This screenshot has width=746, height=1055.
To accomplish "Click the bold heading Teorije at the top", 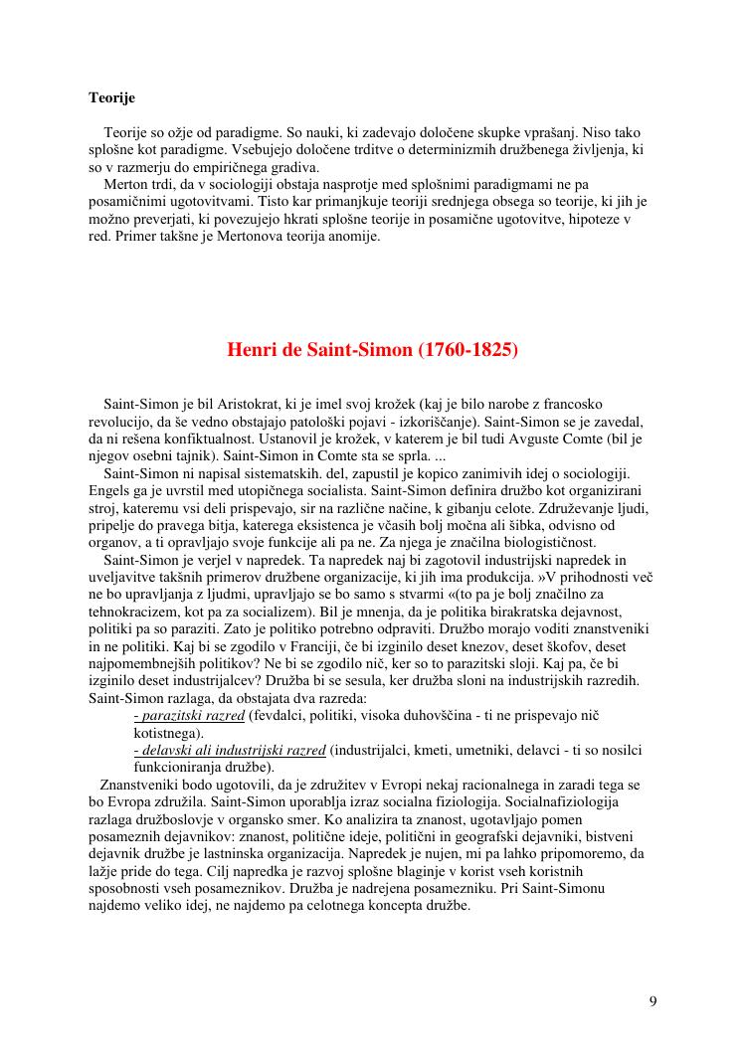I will coord(111,98).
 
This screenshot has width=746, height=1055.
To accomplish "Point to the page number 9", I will coord(653,1000).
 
